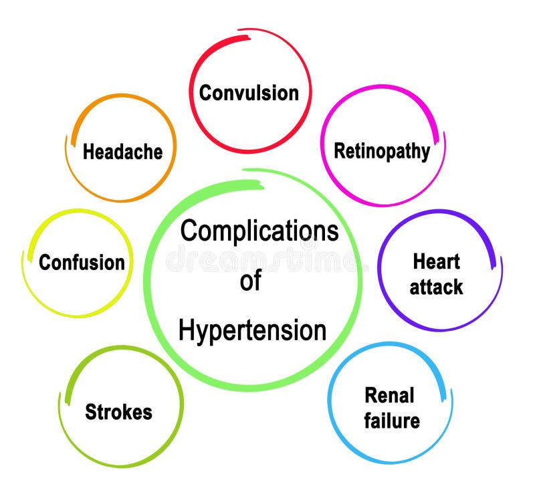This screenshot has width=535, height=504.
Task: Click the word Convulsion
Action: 249,92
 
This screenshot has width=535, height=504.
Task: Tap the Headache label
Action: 122,152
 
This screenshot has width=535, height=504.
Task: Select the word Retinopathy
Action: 382,151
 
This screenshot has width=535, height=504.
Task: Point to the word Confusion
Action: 82,263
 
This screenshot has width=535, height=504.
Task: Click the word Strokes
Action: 118,412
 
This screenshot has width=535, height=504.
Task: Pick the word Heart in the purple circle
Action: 436,261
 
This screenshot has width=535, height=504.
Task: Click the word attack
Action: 436,287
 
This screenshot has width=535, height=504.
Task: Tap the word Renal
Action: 389,395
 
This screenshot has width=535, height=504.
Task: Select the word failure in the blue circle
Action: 392,420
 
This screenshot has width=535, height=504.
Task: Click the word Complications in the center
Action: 259,231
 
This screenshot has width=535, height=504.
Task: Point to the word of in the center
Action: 250,281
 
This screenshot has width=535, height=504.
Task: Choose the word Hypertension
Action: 252,330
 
